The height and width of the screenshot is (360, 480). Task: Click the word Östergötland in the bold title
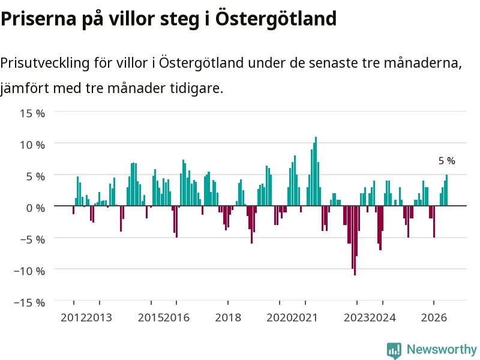click(x=276, y=19)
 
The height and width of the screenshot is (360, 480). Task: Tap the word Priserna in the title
click(x=38, y=19)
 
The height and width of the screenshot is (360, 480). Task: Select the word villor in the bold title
click(x=132, y=19)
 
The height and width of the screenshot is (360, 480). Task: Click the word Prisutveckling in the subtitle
click(x=45, y=64)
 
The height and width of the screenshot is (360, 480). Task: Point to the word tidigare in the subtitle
click(x=197, y=88)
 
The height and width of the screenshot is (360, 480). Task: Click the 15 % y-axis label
click(x=32, y=113)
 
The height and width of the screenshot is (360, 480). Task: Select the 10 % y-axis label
click(x=32, y=145)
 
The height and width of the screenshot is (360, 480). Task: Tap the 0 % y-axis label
click(x=35, y=208)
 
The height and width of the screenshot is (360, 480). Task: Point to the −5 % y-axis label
click(x=32, y=239)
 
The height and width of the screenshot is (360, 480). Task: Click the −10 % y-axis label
click(x=29, y=271)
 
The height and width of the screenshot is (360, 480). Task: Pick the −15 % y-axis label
click(x=29, y=303)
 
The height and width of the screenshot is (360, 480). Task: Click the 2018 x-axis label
click(x=228, y=317)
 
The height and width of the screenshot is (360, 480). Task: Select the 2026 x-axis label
click(x=434, y=317)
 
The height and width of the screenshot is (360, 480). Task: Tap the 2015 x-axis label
click(x=151, y=317)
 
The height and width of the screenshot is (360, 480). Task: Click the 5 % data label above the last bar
click(x=446, y=161)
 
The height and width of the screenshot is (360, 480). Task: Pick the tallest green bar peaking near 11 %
click(x=316, y=171)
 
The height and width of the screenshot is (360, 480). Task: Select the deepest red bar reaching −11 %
click(x=355, y=241)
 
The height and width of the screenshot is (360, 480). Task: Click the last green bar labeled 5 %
click(x=446, y=190)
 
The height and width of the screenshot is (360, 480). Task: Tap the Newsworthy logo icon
click(x=394, y=350)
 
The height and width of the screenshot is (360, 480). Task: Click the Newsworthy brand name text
click(x=442, y=349)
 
